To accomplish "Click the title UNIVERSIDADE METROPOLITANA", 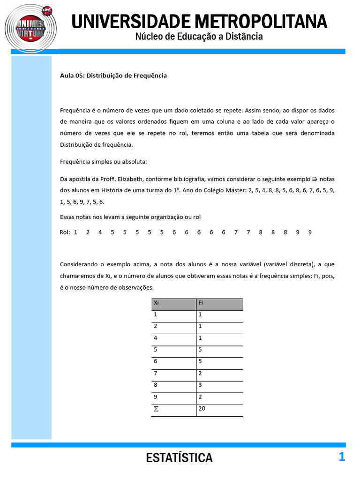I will (x=199, y=21).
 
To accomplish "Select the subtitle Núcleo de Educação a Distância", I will (x=199, y=37).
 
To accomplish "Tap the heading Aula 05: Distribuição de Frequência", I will (x=113, y=75).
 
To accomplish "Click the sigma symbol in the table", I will (x=156, y=409).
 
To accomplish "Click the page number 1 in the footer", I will (x=342, y=457).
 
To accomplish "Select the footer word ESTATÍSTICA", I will (x=180, y=458).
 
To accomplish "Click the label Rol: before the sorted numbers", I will (x=65, y=232).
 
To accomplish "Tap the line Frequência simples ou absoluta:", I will (x=104, y=162).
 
